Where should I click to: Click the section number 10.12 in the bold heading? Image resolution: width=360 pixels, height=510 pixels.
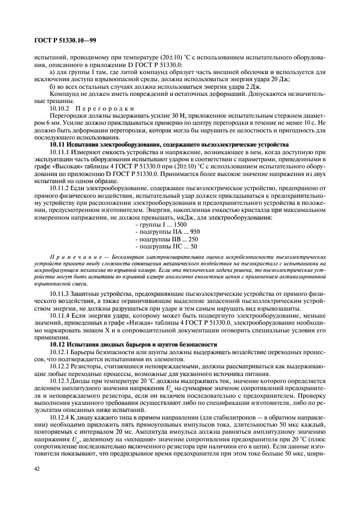click(57, 344)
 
